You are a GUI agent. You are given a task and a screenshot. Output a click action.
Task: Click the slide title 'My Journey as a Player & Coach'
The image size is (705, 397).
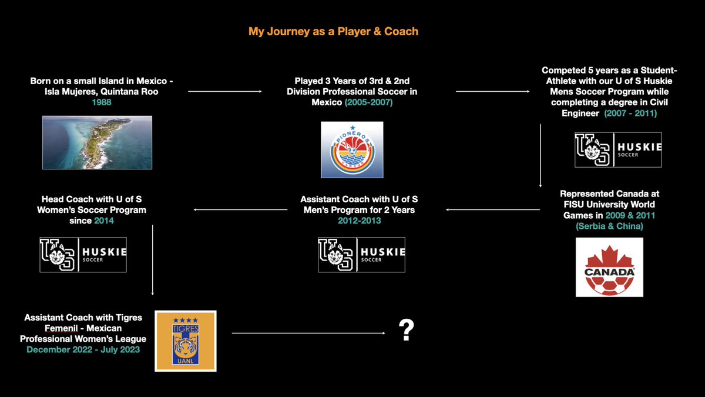pyautogui.click(x=333, y=32)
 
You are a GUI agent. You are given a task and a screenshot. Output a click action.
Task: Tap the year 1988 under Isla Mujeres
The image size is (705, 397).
pyautogui.click(x=101, y=102)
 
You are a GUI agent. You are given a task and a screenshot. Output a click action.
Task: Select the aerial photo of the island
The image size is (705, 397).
pyautogui.click(x=98, y=142)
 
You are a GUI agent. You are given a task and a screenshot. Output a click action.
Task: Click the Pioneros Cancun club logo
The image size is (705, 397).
pyautogui.click(x=352, y=149)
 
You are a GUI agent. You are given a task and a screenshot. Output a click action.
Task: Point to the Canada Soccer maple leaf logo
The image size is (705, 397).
pyautogui.click(x=609, y=267)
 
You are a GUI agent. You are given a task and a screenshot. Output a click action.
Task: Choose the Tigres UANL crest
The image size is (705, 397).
pyautogui.click(x=186, y=341)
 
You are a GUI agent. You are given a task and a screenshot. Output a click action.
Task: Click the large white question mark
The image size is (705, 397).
pyautogui.click(x=407, y=330)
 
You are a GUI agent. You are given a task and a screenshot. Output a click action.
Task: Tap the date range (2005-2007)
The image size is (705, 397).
pyautogui.click(x=368, y=102)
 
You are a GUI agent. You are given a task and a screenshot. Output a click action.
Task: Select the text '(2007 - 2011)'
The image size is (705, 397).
pyautogui.click(x=630, y=114)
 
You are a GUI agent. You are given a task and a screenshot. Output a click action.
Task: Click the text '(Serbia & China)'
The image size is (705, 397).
pyautogui.click(x=609, y=226)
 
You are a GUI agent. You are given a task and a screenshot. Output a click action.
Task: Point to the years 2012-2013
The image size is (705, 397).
pyautogui.click(x=360, y=221)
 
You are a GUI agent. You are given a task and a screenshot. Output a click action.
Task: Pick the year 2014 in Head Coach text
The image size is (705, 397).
pyautogui.click(x=104, y=221)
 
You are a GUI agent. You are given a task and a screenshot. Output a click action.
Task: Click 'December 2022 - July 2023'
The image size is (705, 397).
pyautogui.click(x=83, y=349)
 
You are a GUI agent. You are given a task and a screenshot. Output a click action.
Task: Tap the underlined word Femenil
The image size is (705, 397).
pyautogui.click(x=61, y=328)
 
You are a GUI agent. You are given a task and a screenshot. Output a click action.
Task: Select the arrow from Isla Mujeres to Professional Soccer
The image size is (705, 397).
pyautogui.click(x=224, y=91)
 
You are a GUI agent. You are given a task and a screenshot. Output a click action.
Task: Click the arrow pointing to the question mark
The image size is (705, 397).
pyautogui.click(x=308, y=333)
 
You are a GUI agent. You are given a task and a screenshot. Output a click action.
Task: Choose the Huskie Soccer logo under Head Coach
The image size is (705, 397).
pyautogui.click(x=83, y=255)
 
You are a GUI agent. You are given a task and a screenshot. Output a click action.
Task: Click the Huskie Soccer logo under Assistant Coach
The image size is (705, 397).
pyautogui.click(x=361, y=255)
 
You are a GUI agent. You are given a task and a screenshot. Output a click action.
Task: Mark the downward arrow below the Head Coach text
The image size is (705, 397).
pyautogui.click(x=153, y=260)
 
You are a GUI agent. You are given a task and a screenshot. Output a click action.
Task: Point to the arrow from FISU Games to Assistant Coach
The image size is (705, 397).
pyautogui.click(x=493, y=209)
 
